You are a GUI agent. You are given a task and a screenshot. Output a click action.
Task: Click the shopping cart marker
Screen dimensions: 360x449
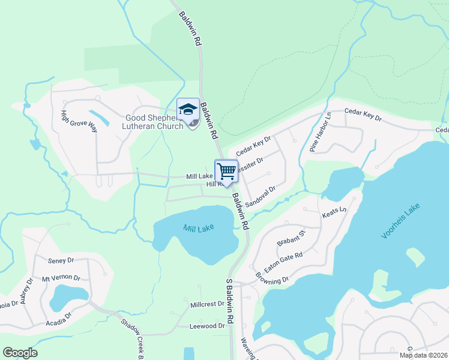[x=226, y=171]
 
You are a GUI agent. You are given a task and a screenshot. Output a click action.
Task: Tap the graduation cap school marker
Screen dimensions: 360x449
[x=188, y=109]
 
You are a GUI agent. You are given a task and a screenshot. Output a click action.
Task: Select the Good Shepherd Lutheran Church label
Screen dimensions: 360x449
[x=152, y=122]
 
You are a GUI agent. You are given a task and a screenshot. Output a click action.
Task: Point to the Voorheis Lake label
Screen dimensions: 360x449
[x=401, y=221]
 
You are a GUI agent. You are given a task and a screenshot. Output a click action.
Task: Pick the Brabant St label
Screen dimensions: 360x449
[x=291, y=237]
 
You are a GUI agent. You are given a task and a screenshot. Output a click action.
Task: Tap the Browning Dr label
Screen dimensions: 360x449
[x=272, y=280]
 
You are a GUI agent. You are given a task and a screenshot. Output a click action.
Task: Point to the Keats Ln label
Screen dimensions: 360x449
[x=335, y=212]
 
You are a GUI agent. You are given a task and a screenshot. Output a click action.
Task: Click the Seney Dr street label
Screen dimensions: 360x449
[x=61, y=260]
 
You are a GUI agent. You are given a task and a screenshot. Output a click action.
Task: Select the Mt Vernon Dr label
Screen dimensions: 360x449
[x=61, y=278]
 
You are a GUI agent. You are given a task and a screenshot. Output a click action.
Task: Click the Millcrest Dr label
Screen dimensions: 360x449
[x=207, y=304]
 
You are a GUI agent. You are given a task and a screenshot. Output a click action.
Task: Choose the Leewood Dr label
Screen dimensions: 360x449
[x=206, y=326]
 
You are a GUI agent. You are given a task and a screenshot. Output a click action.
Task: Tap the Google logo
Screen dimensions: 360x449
[x=20, y=353]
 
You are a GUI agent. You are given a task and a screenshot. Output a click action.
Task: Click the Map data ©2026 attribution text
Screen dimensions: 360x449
[x=423, y=355]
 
